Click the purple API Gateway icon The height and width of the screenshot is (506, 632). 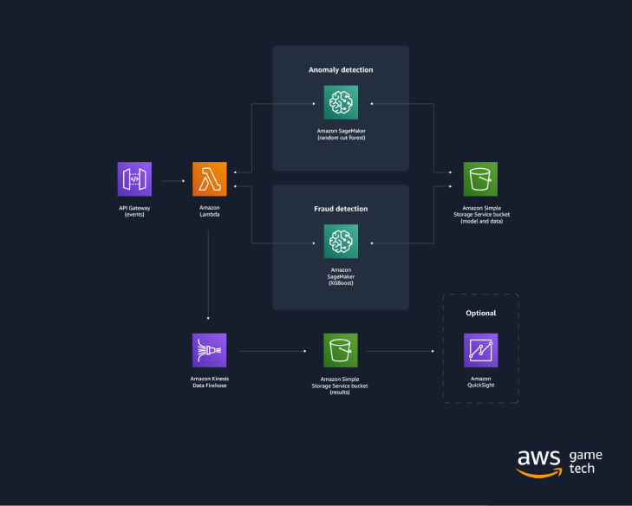[x=134, y=179]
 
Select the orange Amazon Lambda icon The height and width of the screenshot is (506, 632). [x=209, y=179]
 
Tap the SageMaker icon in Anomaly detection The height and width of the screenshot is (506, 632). [x=341, y=103]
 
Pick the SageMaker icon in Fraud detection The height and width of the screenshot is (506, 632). [x=341, y=242]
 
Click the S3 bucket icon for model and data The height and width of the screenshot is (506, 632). [x=480, y=179]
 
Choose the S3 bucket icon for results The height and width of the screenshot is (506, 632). [x=341, y=351]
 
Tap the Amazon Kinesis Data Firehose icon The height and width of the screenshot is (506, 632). [x=209, y=351]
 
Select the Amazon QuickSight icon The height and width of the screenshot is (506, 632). [x=480, y=351]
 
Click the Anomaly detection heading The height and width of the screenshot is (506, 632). [x=341, y=69]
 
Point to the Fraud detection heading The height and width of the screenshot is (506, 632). [x=341, y=209]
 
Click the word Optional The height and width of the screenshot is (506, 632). [x=480, y=314]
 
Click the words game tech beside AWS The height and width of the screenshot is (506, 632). [x=585, y=462]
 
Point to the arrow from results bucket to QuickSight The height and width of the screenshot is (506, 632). [x=400, y=352]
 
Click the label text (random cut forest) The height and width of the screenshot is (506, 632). [x=341, y=138]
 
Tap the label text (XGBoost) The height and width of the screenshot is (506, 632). [x=341, y=283]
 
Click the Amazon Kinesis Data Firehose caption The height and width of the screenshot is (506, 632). [x=209, y=382]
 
